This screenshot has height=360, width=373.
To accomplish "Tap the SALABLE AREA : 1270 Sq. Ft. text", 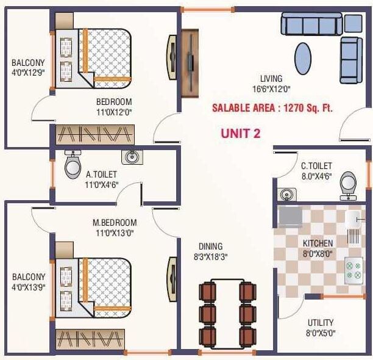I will click(272, 108).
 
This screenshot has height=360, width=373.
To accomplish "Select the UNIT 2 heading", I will click(240, 134).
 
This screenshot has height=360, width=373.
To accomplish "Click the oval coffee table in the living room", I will click(303, 59).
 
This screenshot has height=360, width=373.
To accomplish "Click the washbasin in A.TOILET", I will click(131, 157).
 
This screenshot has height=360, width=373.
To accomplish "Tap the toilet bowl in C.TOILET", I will click(348, 182).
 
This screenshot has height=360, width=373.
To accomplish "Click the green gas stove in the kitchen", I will click(353, 269).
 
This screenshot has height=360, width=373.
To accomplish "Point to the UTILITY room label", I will click(321, 328).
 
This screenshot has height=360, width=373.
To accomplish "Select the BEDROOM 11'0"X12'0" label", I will click(114, 107).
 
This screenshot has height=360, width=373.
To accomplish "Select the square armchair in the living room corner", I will click(353, 23).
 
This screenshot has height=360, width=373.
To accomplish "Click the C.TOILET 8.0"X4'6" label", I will click(316, 170).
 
